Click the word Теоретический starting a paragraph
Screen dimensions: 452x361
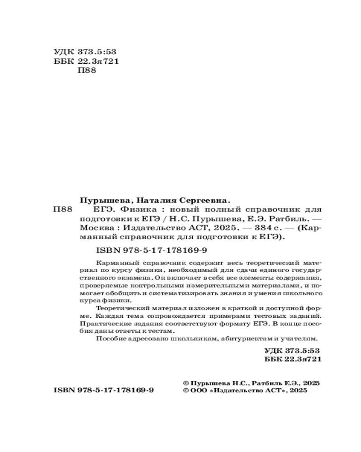(123, 307)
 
